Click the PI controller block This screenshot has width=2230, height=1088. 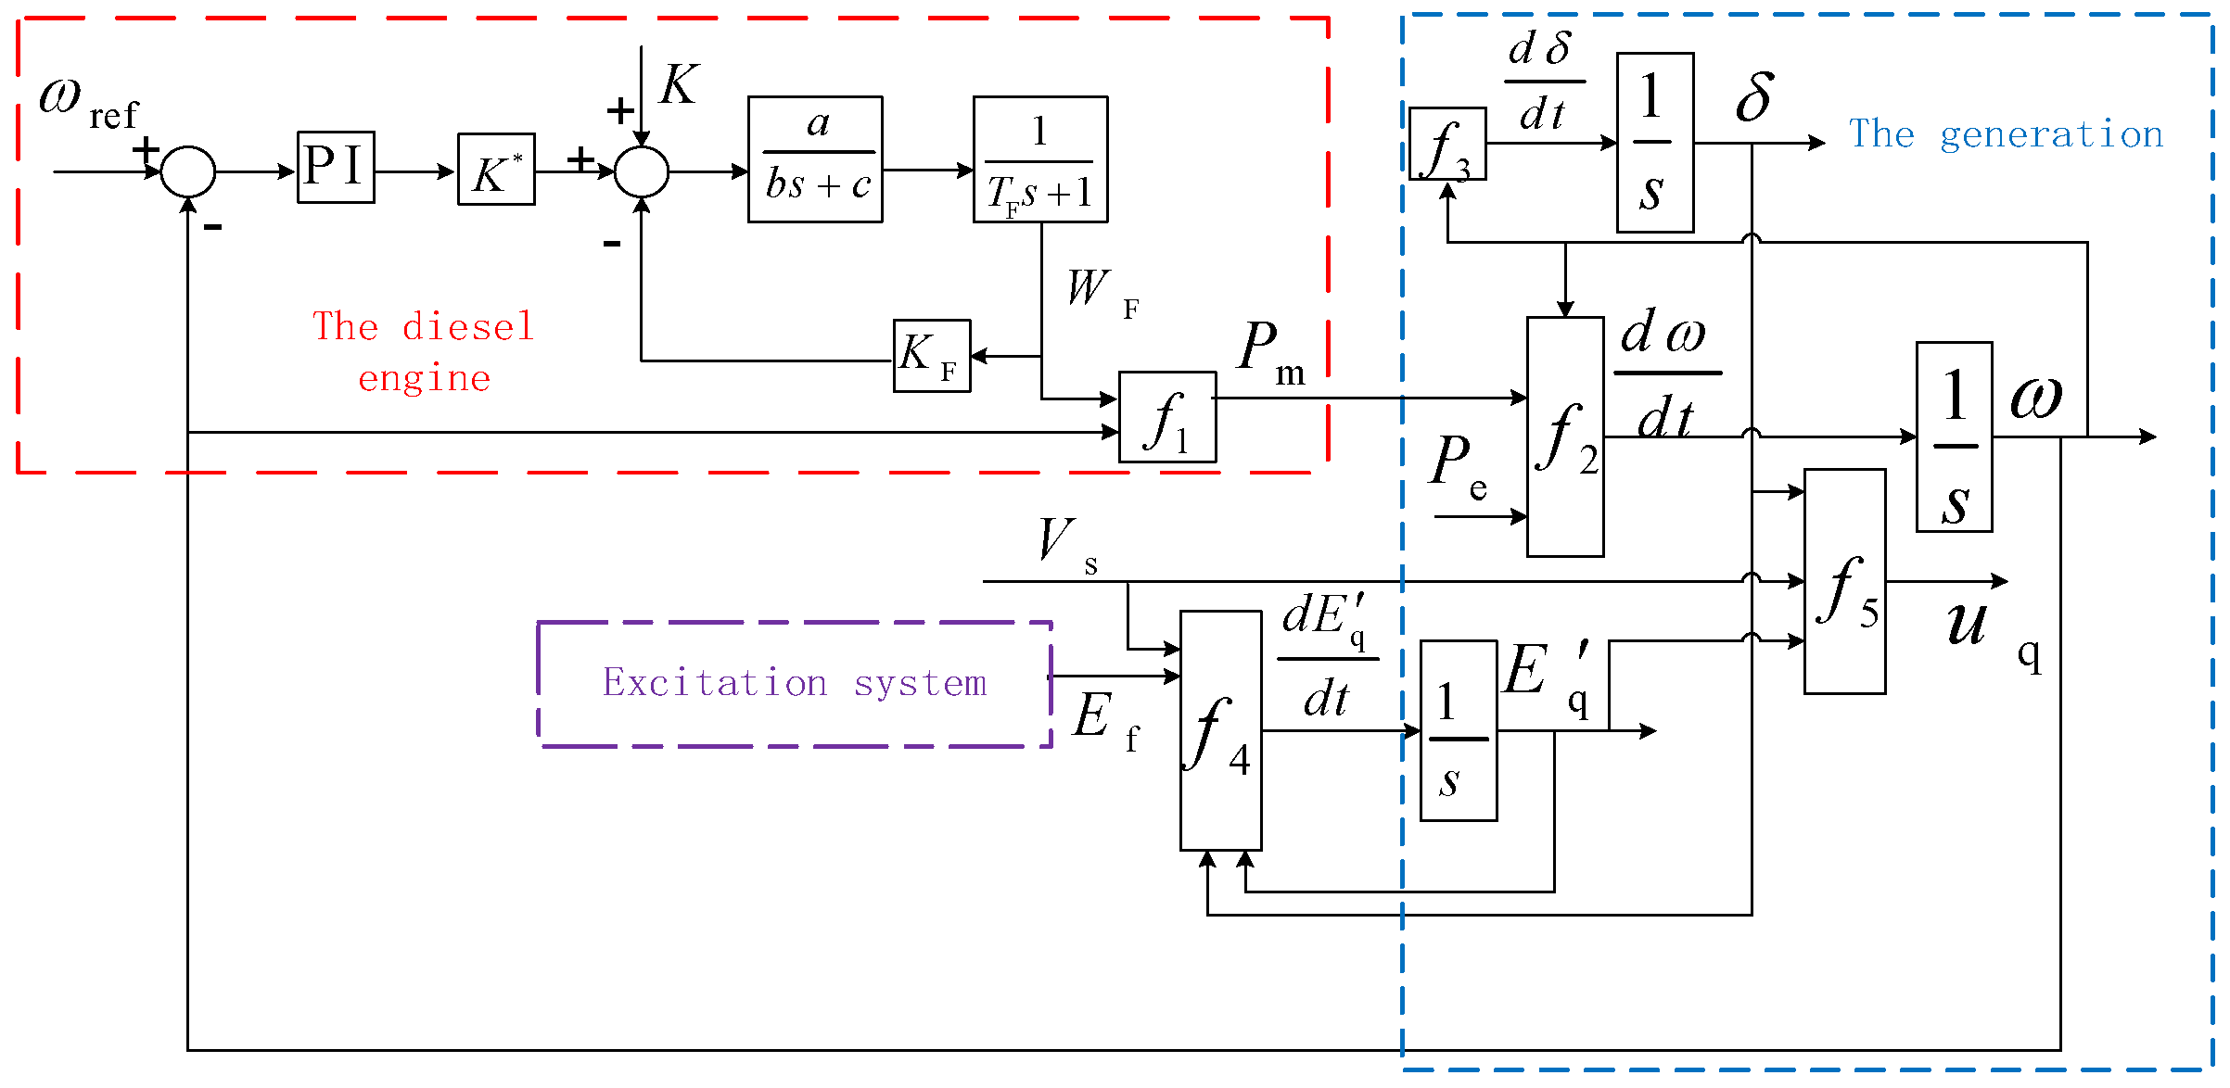coord(336,167)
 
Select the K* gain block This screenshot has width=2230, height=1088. coord(496,170)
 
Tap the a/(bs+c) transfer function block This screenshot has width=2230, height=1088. coord(815,159)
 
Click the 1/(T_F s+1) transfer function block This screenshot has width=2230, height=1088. coord(1039,159)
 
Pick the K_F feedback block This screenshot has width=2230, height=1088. coord(931,356)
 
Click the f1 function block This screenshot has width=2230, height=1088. coord(1166,417)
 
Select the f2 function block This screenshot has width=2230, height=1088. coord(1565,436)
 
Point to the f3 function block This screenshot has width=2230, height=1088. coord(1446,144)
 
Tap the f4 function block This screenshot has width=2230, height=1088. coord(1220,730)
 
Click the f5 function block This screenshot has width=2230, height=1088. coord(1844,581)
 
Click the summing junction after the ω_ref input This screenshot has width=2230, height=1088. coord(188,171)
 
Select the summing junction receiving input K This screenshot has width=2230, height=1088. coord(642,171)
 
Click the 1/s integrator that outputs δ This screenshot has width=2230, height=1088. coord(1654,143)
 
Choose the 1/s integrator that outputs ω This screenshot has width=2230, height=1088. coord(1954,436)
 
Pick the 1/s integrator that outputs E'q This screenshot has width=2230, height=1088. coord(1458,730)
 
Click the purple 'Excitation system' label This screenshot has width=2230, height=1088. coord(795,684)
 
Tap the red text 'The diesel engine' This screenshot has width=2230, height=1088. coord(424,352)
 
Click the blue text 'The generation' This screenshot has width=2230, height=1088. coord(2006,135)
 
